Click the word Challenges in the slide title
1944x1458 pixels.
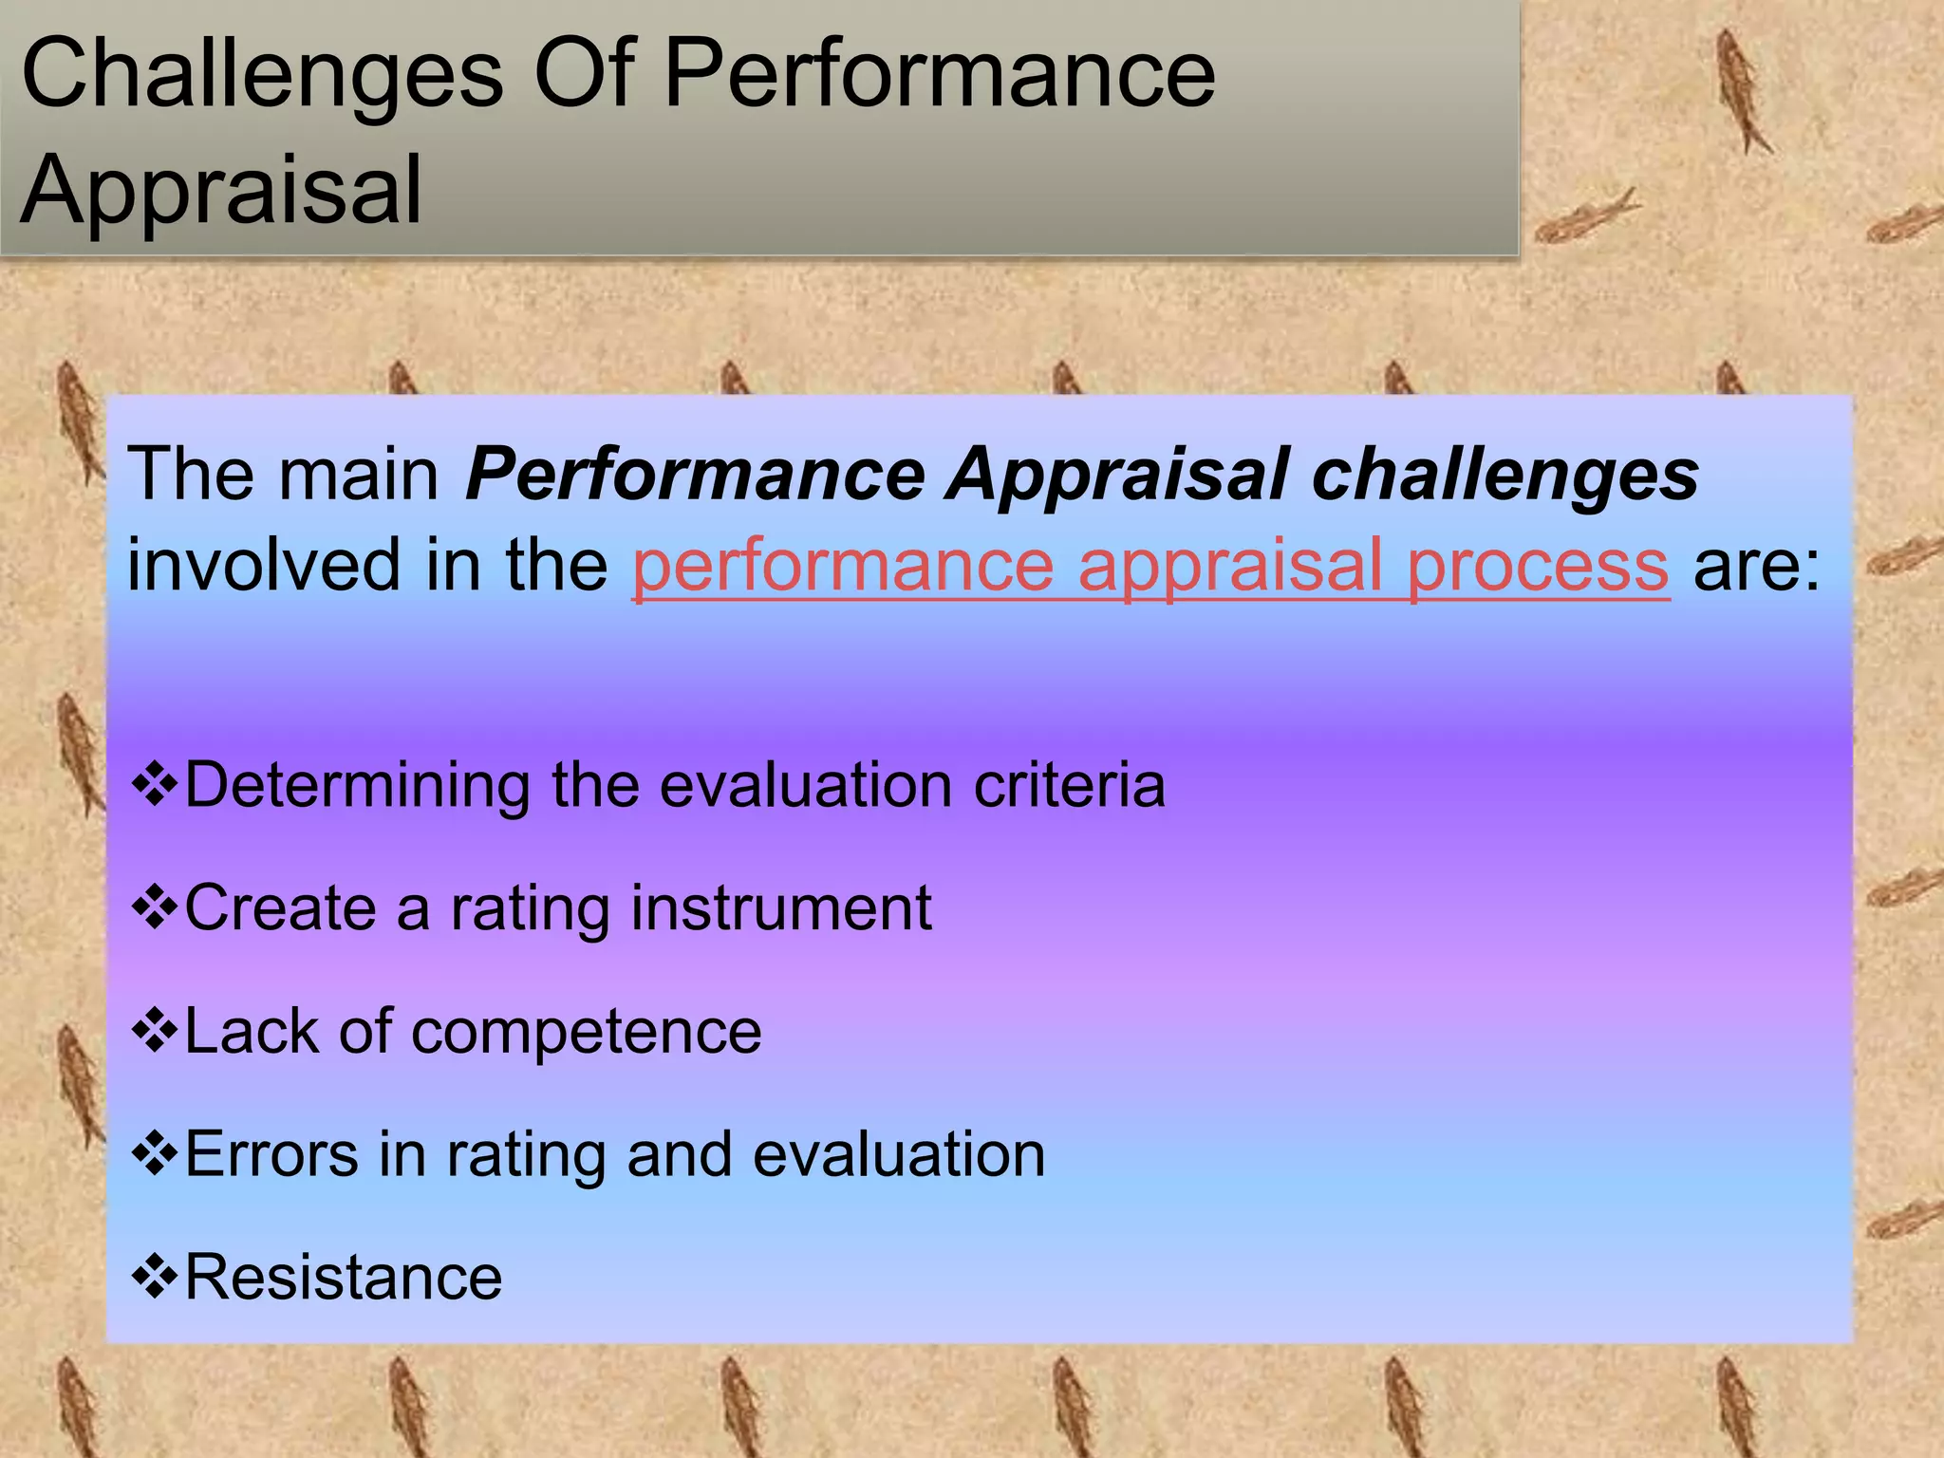point(261,76)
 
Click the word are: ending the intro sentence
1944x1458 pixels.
point(1756,566)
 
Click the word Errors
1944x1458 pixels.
point(271,1154)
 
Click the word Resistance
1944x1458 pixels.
point(343,1278)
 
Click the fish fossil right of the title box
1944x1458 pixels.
point(1743,90)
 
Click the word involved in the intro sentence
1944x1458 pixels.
point(264,566)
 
